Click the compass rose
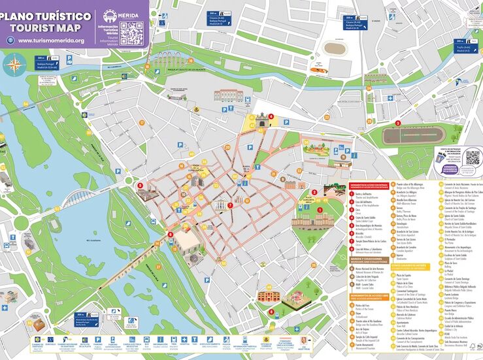(x=13, y=65)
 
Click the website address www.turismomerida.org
(x=51, y=41)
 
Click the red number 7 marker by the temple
(x=229, y=205)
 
